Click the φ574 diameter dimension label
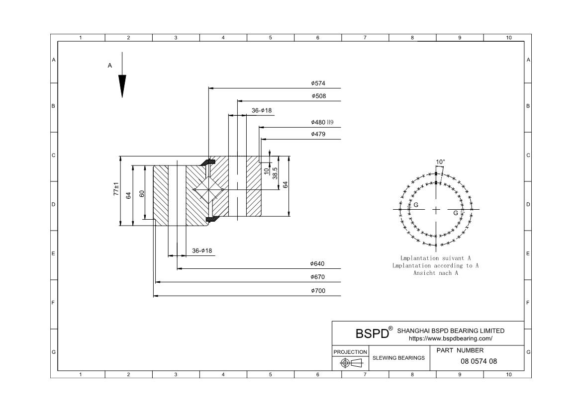click(x=318, y=83)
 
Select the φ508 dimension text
click(x=318, y=96)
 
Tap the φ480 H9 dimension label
click(x=322, y=122)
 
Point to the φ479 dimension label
click(x=318, y=134)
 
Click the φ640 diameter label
click(x=317, y=264)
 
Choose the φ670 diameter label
click(x=317, y=277)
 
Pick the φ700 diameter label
click(x=317, y=291)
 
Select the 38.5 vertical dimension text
click(x=275, y=172)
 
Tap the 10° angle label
click(x=440, y=162)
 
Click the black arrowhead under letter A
click(x=122, y=85)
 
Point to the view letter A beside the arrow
click(x=110, y=65)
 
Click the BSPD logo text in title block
click(x=372, y=333)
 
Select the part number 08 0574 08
click(x=479, y=361)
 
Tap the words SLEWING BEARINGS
click(x=398, y=358)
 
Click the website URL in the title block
click(x=450, y=338)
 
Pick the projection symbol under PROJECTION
click(x=350, y=363)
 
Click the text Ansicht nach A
click(x=435, y=273)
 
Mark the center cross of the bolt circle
click(x=436, y=210)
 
